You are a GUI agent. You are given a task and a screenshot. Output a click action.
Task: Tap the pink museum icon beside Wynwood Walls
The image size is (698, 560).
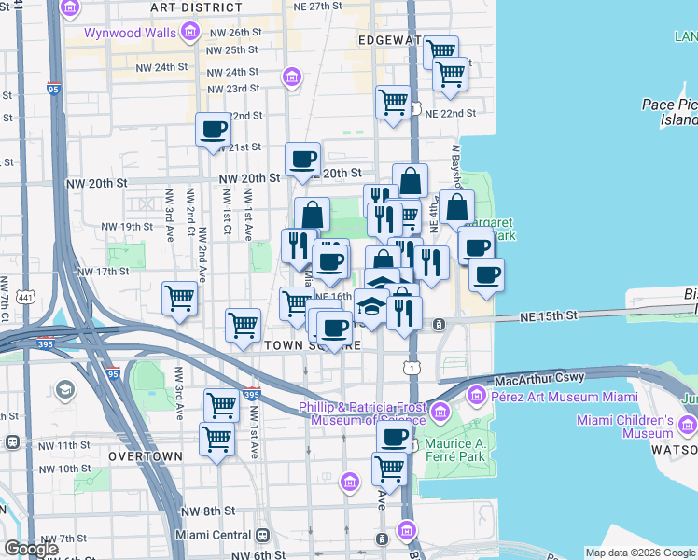coord(190,34)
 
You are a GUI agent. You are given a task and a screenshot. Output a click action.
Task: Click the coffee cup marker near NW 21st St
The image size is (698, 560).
coord(214,129)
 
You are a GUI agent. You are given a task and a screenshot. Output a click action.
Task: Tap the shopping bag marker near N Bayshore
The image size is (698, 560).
coord(457,207)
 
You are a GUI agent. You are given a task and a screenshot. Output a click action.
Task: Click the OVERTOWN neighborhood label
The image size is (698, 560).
coord(145,456)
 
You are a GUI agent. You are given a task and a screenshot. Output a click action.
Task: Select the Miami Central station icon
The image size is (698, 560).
coord(262,536)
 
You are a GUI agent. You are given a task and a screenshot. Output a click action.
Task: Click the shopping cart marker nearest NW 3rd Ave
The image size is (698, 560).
coord(179,299)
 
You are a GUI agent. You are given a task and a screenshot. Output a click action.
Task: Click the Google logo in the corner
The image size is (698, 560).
coord(31,549)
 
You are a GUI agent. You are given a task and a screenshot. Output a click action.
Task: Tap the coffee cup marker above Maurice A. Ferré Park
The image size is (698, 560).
coord(394,437)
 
